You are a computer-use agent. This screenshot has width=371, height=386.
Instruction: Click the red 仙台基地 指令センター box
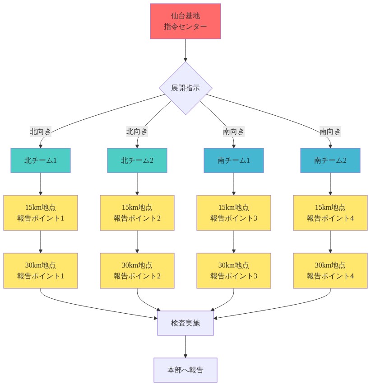[x=185, y=21]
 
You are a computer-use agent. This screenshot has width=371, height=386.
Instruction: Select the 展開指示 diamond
[x=185, y=88]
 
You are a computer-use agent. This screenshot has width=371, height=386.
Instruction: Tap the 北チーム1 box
[x=41, y=160]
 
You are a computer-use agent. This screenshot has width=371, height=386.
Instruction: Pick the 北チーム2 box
[x=137, y=160]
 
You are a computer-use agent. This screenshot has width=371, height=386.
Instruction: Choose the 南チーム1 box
[x=234, y=160]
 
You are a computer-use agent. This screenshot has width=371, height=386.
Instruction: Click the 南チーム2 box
[x=330, y=160]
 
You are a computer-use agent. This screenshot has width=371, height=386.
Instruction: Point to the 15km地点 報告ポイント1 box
[x=41, y=213]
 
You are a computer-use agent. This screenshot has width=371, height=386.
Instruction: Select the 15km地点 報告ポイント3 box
[x=234, y=213]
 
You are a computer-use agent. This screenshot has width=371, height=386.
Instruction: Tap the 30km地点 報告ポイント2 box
[x=137, y=271]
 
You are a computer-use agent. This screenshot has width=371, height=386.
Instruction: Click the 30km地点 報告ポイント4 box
[x=330, y=271]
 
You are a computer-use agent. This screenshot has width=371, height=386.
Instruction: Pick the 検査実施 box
[x=185, y=323]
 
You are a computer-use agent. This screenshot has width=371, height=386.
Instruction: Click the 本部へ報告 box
[x=185, y=370]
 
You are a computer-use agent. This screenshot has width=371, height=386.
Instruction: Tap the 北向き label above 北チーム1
[x=41, y=132]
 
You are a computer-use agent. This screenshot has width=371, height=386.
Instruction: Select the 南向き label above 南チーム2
[x=330, y=132]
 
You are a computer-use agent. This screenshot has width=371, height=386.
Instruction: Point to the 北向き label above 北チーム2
[x=137, y=132]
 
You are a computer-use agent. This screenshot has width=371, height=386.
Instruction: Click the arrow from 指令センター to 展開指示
[x=185, y=50]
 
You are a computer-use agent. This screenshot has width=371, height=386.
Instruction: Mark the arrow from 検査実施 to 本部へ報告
[x=185, y=347]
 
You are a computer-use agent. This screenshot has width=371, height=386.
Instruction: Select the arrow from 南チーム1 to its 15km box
[x=234, y=184]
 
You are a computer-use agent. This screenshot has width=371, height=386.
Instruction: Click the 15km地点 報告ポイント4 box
[x=330, y=213]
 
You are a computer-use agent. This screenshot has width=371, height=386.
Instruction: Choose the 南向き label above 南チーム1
[x=234, y=132]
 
